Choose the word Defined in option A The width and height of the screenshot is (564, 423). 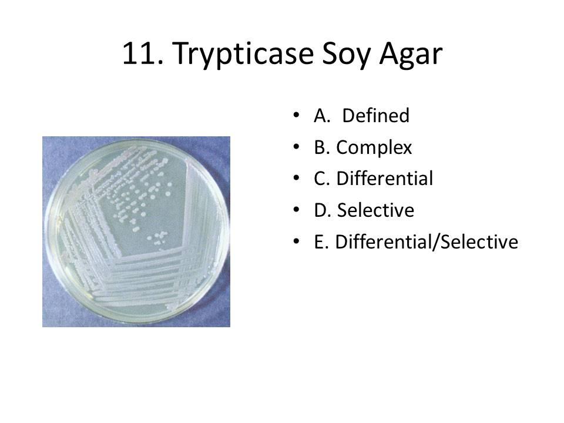click(375, 116)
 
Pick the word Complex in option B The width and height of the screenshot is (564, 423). click(374, 148)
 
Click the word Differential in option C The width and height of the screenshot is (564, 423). click(384, 179)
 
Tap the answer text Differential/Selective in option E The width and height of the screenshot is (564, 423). click(426, 241)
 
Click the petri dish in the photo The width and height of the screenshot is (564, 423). click(136, 229)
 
